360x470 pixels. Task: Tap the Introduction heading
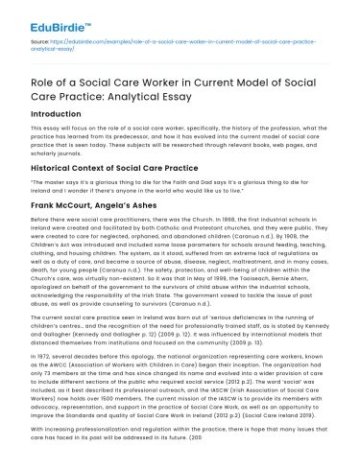[x=62, y=112]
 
